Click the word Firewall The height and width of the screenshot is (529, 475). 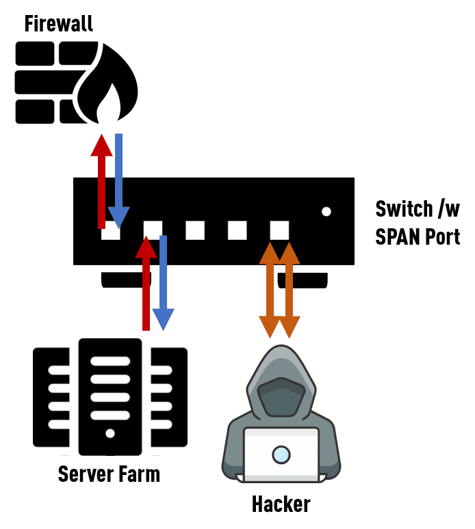58,24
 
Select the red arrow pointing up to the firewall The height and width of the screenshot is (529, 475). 102,181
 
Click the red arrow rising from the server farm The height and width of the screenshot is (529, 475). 146,284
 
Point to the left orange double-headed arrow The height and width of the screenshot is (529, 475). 270,290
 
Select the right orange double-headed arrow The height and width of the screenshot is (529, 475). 290,290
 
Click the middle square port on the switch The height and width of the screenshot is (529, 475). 195,230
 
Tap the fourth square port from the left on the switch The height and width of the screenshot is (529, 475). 237,230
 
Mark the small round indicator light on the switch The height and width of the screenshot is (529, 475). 326,211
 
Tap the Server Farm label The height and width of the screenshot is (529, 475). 109,474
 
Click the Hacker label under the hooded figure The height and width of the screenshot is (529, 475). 281,505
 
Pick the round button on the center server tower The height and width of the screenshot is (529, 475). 110,433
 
